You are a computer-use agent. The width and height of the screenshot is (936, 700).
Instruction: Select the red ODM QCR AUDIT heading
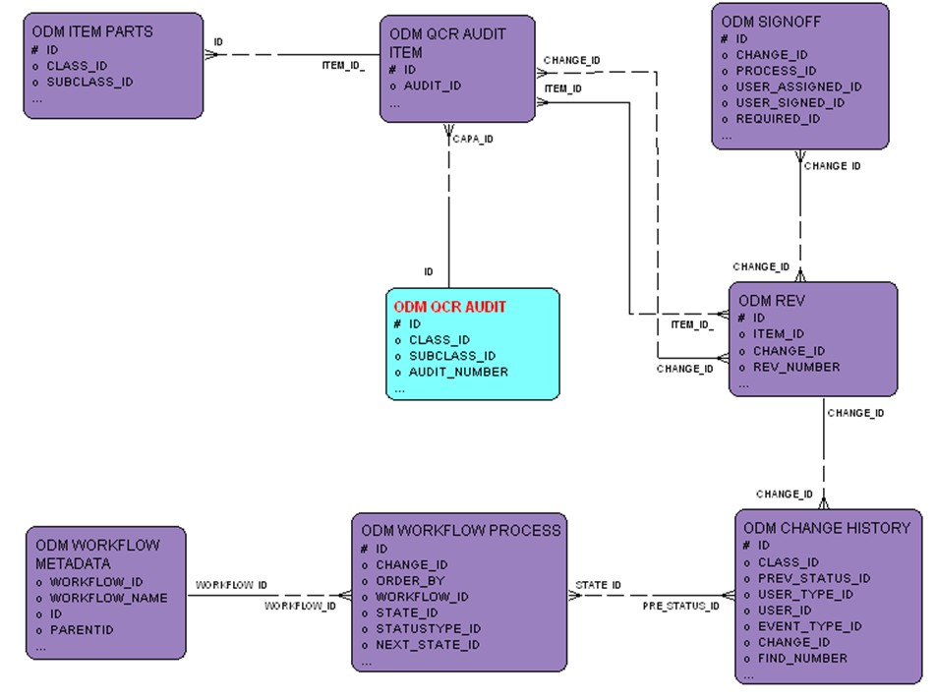click(x=449, y=307)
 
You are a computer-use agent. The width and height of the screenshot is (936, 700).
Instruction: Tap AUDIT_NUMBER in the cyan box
click(x=458, y=372)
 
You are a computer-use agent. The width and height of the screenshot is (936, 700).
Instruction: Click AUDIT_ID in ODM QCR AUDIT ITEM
click(x=433, y=86)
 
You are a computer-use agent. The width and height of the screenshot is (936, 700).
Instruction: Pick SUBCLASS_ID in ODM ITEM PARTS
click(x=89, y=82)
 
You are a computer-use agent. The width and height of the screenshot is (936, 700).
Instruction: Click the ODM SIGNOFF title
click(x=771, y=21)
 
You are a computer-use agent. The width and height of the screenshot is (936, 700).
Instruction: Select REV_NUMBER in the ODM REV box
click(x=796, y=367)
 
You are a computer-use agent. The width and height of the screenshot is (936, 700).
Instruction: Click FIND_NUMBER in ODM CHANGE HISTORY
click(x=802, y=658)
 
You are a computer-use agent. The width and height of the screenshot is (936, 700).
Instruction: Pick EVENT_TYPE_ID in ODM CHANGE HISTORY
click(x=809, y=626)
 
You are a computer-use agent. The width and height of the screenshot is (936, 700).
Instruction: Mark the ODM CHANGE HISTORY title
click(x=827, y=528)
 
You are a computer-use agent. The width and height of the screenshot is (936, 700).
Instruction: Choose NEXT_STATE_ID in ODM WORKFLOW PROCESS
click(x=428, y=644)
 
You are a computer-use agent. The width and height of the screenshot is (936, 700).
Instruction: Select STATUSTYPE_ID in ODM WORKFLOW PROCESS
click(x=428, y=628)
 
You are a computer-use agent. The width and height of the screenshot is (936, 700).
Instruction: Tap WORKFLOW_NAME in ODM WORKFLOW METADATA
click(x=108, y=598)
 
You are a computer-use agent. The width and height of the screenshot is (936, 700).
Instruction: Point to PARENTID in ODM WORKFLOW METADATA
click(x=83, y=629)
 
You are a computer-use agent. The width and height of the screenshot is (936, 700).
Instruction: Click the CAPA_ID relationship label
click(x=473, y=139)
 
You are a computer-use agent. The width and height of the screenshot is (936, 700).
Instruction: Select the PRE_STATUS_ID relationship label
click(x=681, y=606)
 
